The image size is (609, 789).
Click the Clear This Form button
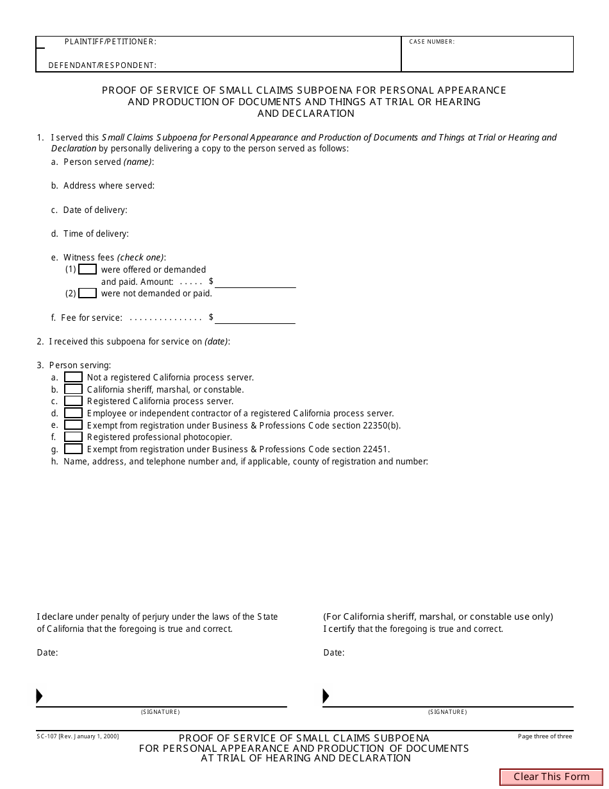click(551, 777)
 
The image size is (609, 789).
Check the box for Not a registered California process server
click(74, 378)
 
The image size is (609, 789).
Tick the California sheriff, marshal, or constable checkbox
click(74, 389)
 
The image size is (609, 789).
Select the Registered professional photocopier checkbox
click(74, 437)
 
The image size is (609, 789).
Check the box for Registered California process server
click(74, 402)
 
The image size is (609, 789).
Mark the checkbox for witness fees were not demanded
click(87, 294)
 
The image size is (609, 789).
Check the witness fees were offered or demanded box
click(87, 269)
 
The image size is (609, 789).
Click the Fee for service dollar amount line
click(255, 318)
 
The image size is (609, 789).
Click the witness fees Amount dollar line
click(255, 282)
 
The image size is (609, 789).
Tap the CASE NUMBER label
click(431, 42)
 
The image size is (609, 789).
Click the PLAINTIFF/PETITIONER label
click(110, 42)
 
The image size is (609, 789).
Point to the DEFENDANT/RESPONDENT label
click(103, 65)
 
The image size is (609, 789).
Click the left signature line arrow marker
click(39, 696)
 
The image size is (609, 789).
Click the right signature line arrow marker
click(326, 696)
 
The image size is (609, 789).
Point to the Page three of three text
click(545, 736)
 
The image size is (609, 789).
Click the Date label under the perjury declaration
click(47, 653)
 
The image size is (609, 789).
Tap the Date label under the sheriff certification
click(333, 653)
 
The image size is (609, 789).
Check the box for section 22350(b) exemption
click(74, 425)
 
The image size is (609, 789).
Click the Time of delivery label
click(96, 234)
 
